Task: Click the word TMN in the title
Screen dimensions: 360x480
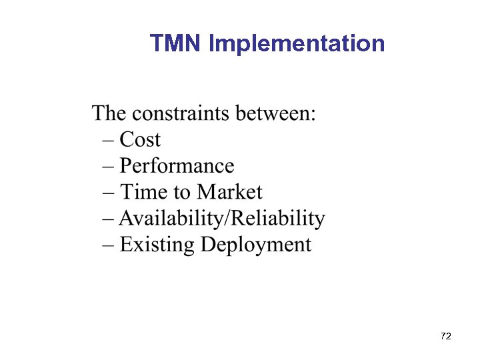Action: click(176, 43)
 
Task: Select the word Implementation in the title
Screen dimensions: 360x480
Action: click(297, 45)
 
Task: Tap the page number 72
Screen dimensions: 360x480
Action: click(447, 336)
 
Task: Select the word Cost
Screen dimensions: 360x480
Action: click(140, 139)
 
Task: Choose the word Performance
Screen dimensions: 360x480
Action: click(177, 166)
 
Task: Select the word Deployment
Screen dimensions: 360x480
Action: click(256, 245)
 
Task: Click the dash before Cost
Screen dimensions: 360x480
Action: click(109, 141)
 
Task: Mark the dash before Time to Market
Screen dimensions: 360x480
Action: click(109, 193)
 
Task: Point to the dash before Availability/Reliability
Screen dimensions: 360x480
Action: click(109, 219)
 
